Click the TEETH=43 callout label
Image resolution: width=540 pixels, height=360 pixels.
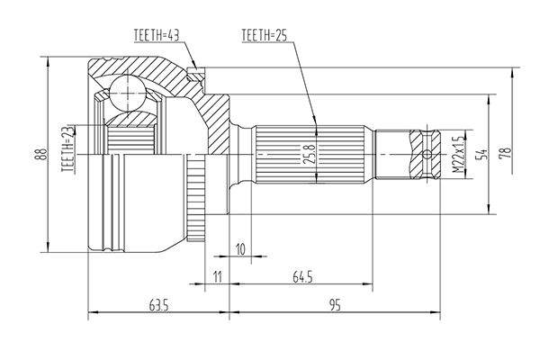tap(157, 35)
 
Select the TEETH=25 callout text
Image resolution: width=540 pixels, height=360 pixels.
tap(264, 35)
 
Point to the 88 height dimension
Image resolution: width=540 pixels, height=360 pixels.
tap(42, 154)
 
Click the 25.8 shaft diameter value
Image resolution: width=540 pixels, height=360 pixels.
tap(310, 154)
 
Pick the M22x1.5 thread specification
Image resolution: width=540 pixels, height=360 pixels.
tap(459, 154)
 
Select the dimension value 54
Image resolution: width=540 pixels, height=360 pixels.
tap(481, 154)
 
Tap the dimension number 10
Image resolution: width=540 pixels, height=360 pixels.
tap(240, 249)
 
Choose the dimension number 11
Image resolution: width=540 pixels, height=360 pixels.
tap(217, 276)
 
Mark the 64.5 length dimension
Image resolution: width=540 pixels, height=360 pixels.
tap(302, 276)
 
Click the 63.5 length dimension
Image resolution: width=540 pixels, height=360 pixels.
tap(158, 305)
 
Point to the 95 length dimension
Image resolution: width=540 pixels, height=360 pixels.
tap(335, 305)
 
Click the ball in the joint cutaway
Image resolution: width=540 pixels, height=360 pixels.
tap(128, 93)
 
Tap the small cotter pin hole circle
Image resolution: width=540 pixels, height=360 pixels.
tap(427, 154)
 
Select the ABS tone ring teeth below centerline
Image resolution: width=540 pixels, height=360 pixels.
tap(196, 197)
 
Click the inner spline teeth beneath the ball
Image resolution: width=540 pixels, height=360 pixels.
tap(130, 139)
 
